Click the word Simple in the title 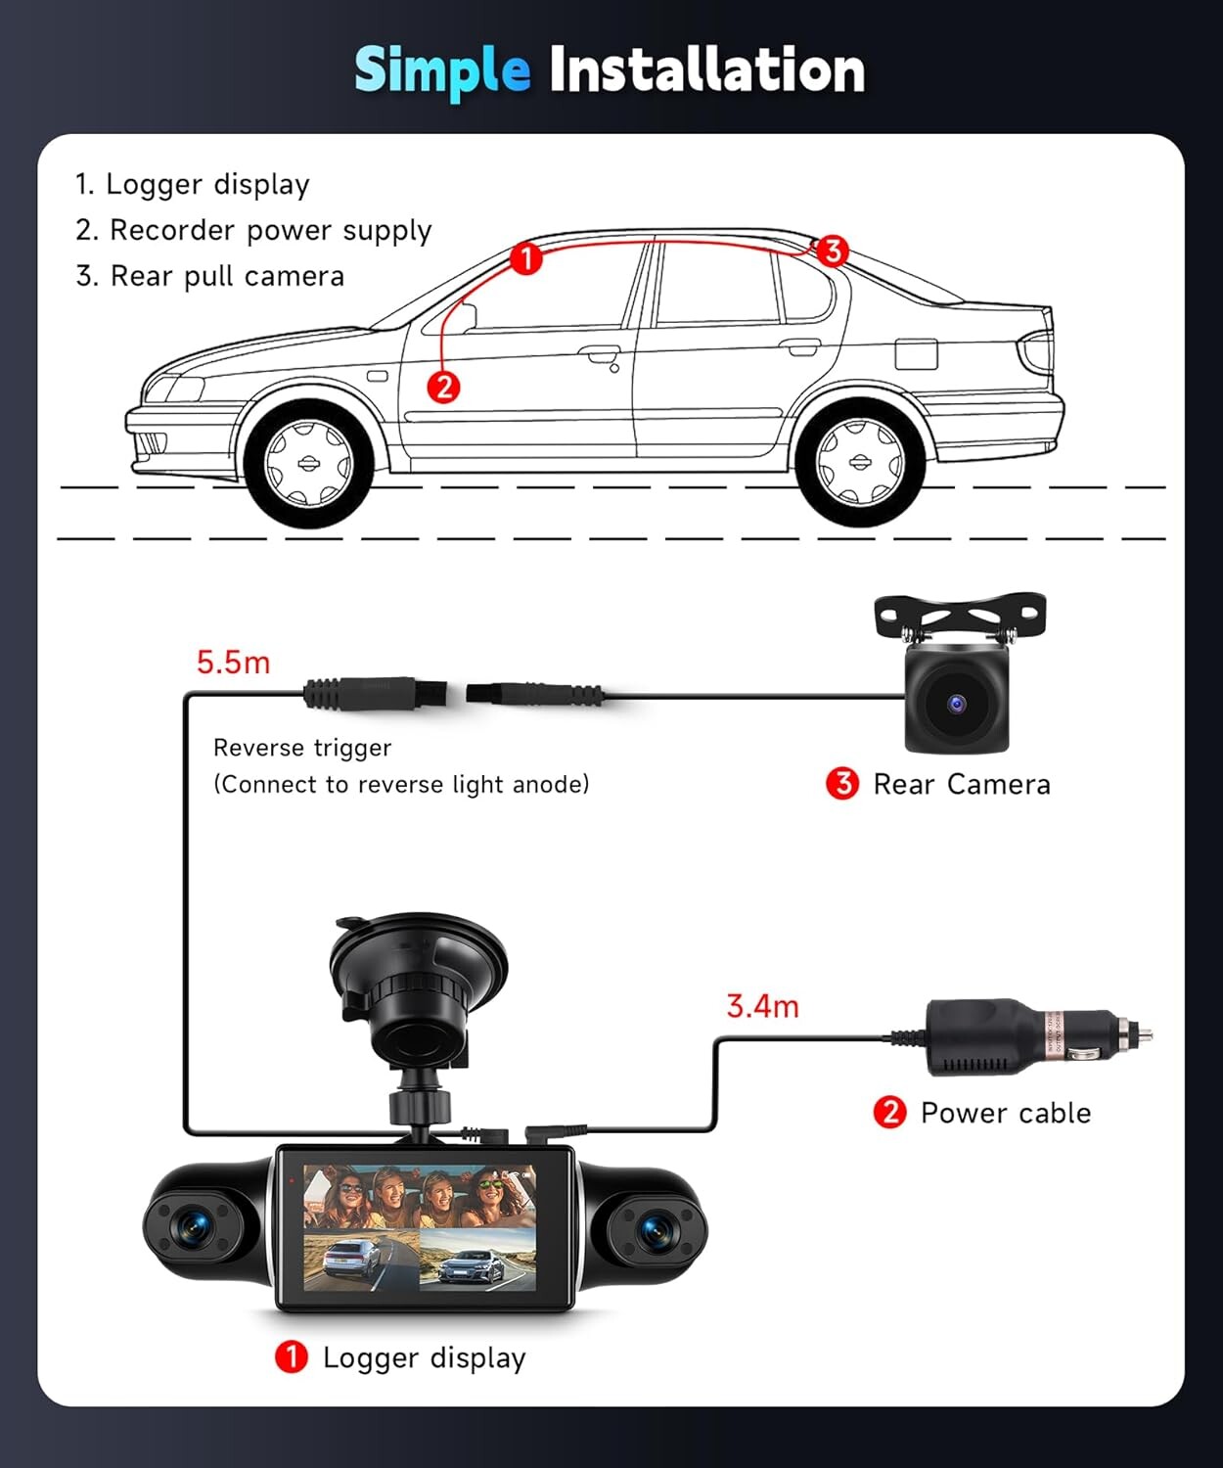point(442,71)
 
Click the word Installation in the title point(706,69)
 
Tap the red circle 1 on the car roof point(525,258)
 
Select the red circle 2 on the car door point(443,387)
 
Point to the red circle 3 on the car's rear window point(833,251)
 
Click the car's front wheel point(308,463)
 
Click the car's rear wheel point(860,462)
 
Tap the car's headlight point(175,389)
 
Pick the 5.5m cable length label point(234,663)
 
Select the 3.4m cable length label point(762,1006)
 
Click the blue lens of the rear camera point(956,703)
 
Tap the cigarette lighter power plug point(1038,1037)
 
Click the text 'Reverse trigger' point(302,748)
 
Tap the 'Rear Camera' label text point(962,785)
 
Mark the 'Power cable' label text point(1006,1113)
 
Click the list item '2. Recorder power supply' point(253,231)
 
